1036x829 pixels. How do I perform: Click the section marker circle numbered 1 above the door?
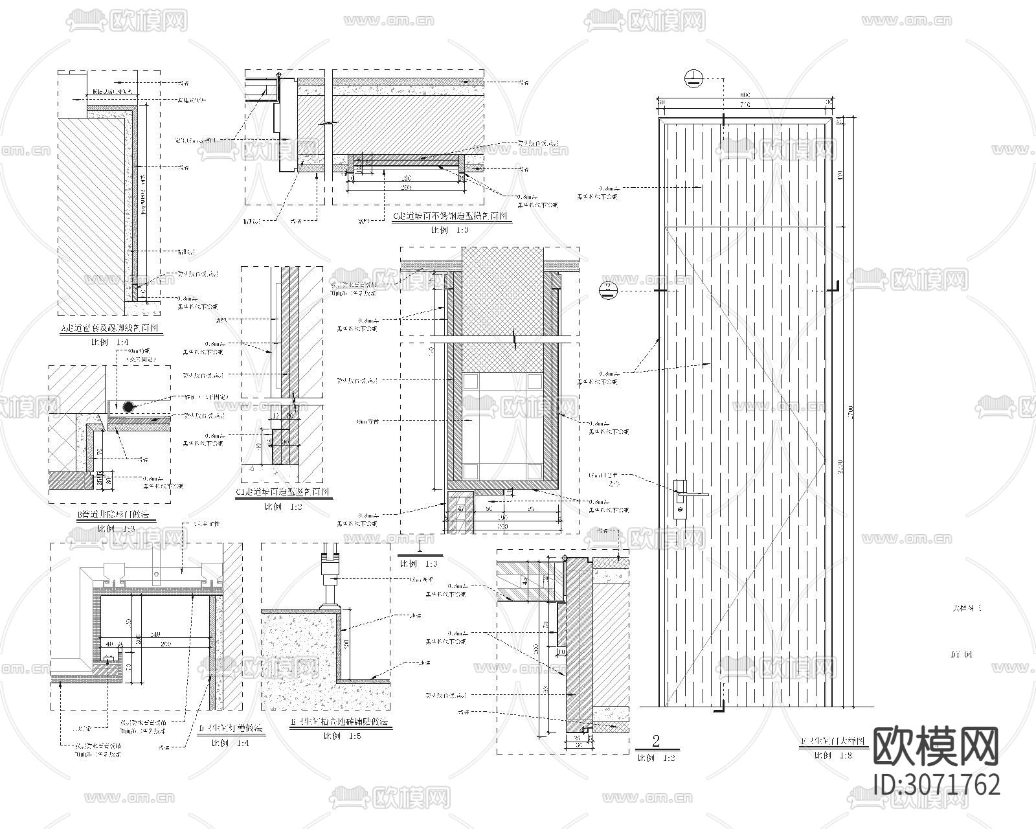[x=694, y=79]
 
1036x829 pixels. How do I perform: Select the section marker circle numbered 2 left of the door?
[x=609, y=290]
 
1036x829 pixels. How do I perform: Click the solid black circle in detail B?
[x=129, y=407]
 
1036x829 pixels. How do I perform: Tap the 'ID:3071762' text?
[x=937, y=784]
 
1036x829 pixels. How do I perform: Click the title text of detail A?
[x=112, y=329]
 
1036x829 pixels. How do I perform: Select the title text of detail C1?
[x=284, y=492]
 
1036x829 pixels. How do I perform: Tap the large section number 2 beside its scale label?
[x=656, y=741]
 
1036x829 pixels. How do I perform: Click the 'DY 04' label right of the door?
[x=962, y=655]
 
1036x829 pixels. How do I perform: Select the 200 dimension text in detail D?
[x=166, y=644]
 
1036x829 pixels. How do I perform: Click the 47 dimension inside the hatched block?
[x=461, y=509]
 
